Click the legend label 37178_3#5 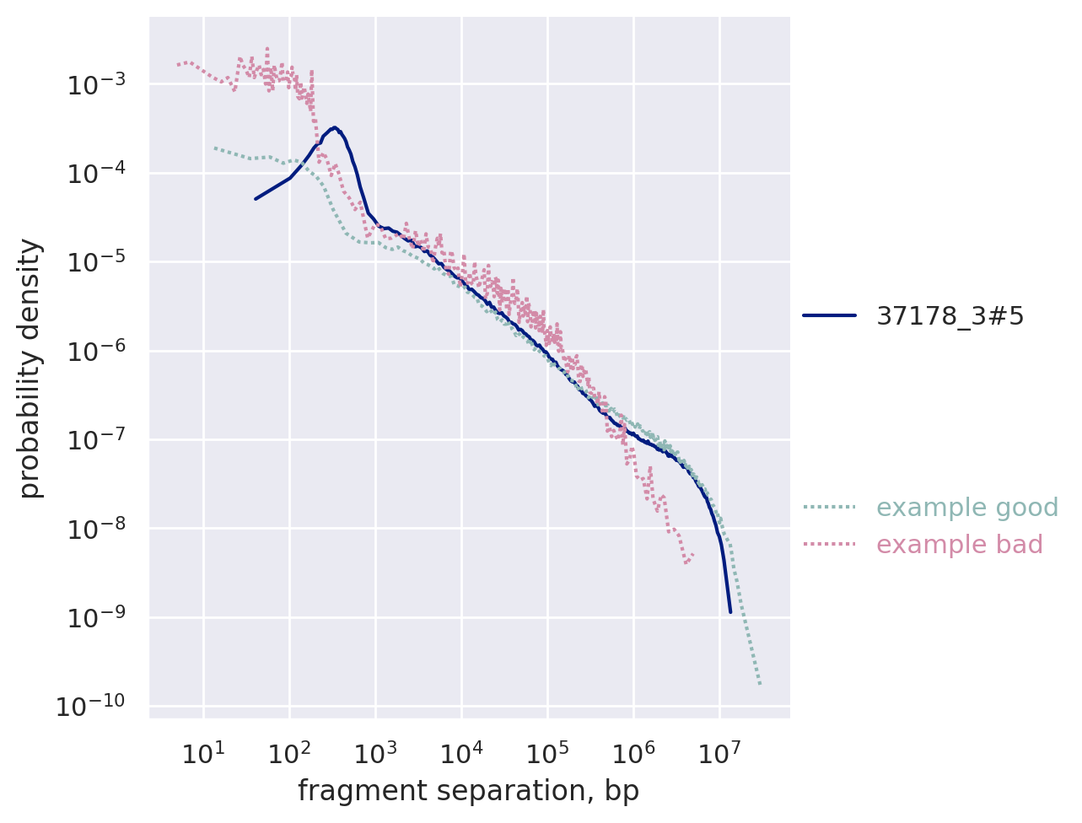point(950,316)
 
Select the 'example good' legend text point(967,508)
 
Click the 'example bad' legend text point(960,545)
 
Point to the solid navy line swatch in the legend point(829,316)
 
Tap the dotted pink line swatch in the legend point(829,545)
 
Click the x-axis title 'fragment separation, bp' point(468,791)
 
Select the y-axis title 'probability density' point(30,368)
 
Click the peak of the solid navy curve point(335,127)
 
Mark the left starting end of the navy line point(256,199)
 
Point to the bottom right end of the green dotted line point(760,684)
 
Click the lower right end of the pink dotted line point(693,555)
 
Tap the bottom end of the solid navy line point(730,611)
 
